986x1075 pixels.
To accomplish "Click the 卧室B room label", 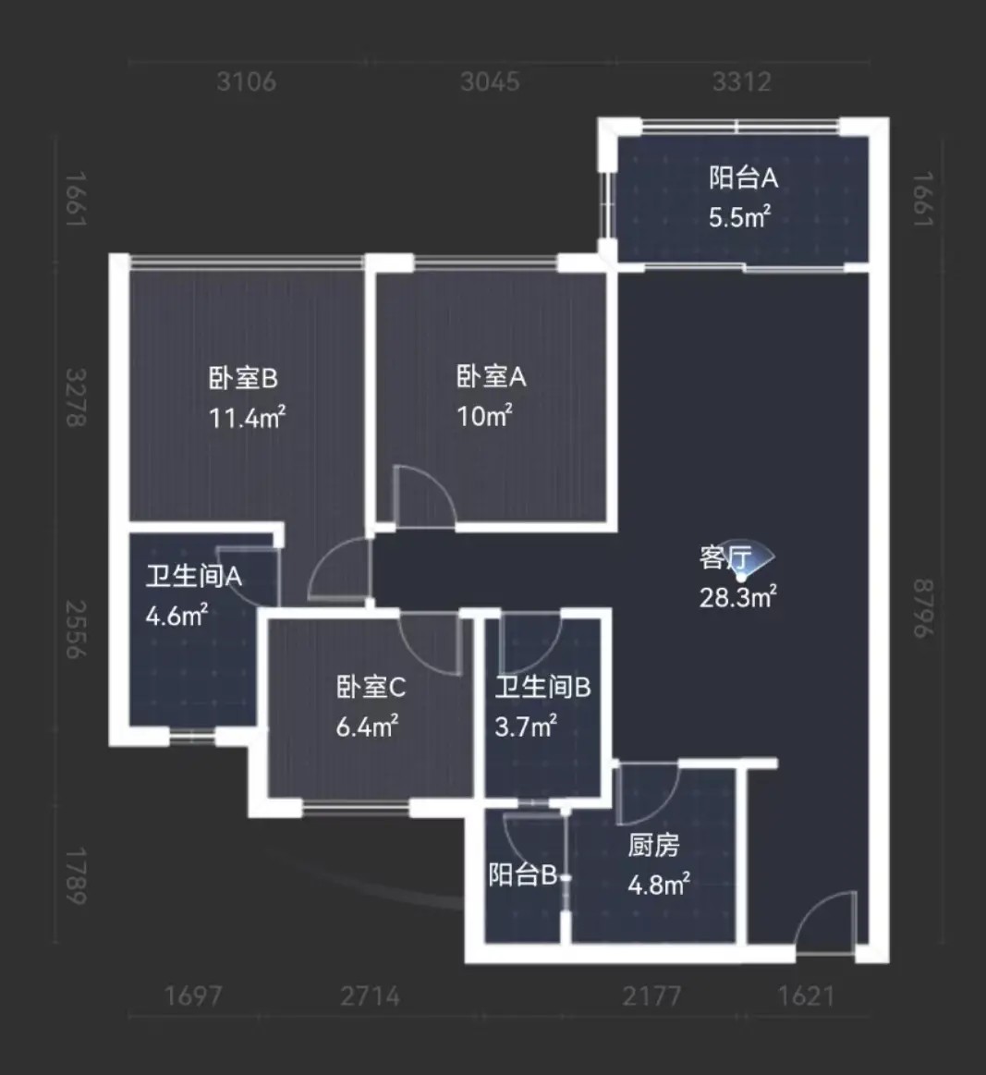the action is [243, 378].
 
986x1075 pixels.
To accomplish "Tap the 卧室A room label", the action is [492, 376].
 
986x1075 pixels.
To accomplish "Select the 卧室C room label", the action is [371, 687].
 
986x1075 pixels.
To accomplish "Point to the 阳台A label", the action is [744, 177].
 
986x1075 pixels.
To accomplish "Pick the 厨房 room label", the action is [653, 846].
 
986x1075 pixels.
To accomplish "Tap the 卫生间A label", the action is [194, 576].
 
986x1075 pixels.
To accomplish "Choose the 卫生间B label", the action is [542, 687].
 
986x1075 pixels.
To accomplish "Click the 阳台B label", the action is [523, 874].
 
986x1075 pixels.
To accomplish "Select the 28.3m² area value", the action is [738, 597].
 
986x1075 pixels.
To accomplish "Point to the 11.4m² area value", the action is [247, 417].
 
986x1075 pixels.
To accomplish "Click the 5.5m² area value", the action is [739, 217].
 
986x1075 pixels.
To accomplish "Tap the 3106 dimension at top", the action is [247, 82].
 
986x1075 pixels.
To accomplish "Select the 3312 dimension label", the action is [742, 82].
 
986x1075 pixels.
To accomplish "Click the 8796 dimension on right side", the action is [924, 608].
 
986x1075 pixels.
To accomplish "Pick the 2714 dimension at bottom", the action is [370, 996].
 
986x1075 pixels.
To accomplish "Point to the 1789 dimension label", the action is [76, 876].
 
